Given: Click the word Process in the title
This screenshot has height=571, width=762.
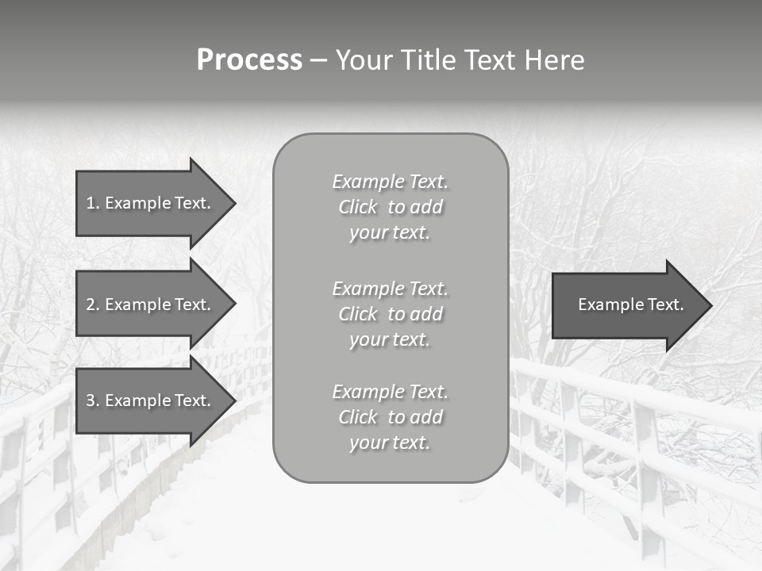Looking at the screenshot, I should tap(249, 60).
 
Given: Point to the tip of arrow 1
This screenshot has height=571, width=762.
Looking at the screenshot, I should tap(233, 203).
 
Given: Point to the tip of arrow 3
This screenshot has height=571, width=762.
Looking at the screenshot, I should tap(233, 400).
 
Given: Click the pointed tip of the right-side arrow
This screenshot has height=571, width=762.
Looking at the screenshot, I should tap(710, 305).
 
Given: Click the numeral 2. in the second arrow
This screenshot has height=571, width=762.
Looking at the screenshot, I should tap(92, 305).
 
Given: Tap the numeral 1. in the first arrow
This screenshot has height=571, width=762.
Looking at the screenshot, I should tap(92, 203).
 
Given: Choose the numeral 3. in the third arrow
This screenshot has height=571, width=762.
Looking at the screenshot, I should tap(92, 400).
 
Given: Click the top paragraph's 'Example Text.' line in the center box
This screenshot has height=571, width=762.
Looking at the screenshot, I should tap(390, 182).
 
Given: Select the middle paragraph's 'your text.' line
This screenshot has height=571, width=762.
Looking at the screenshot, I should tap(390, 339).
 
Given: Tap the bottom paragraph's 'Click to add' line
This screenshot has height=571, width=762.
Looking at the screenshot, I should tap(390, 417).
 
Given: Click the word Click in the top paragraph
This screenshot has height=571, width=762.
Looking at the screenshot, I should tap(358, 207).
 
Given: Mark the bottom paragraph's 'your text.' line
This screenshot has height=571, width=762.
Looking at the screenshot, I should tap(390, 443).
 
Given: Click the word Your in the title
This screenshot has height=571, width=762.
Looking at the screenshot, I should tap(365, 60).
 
